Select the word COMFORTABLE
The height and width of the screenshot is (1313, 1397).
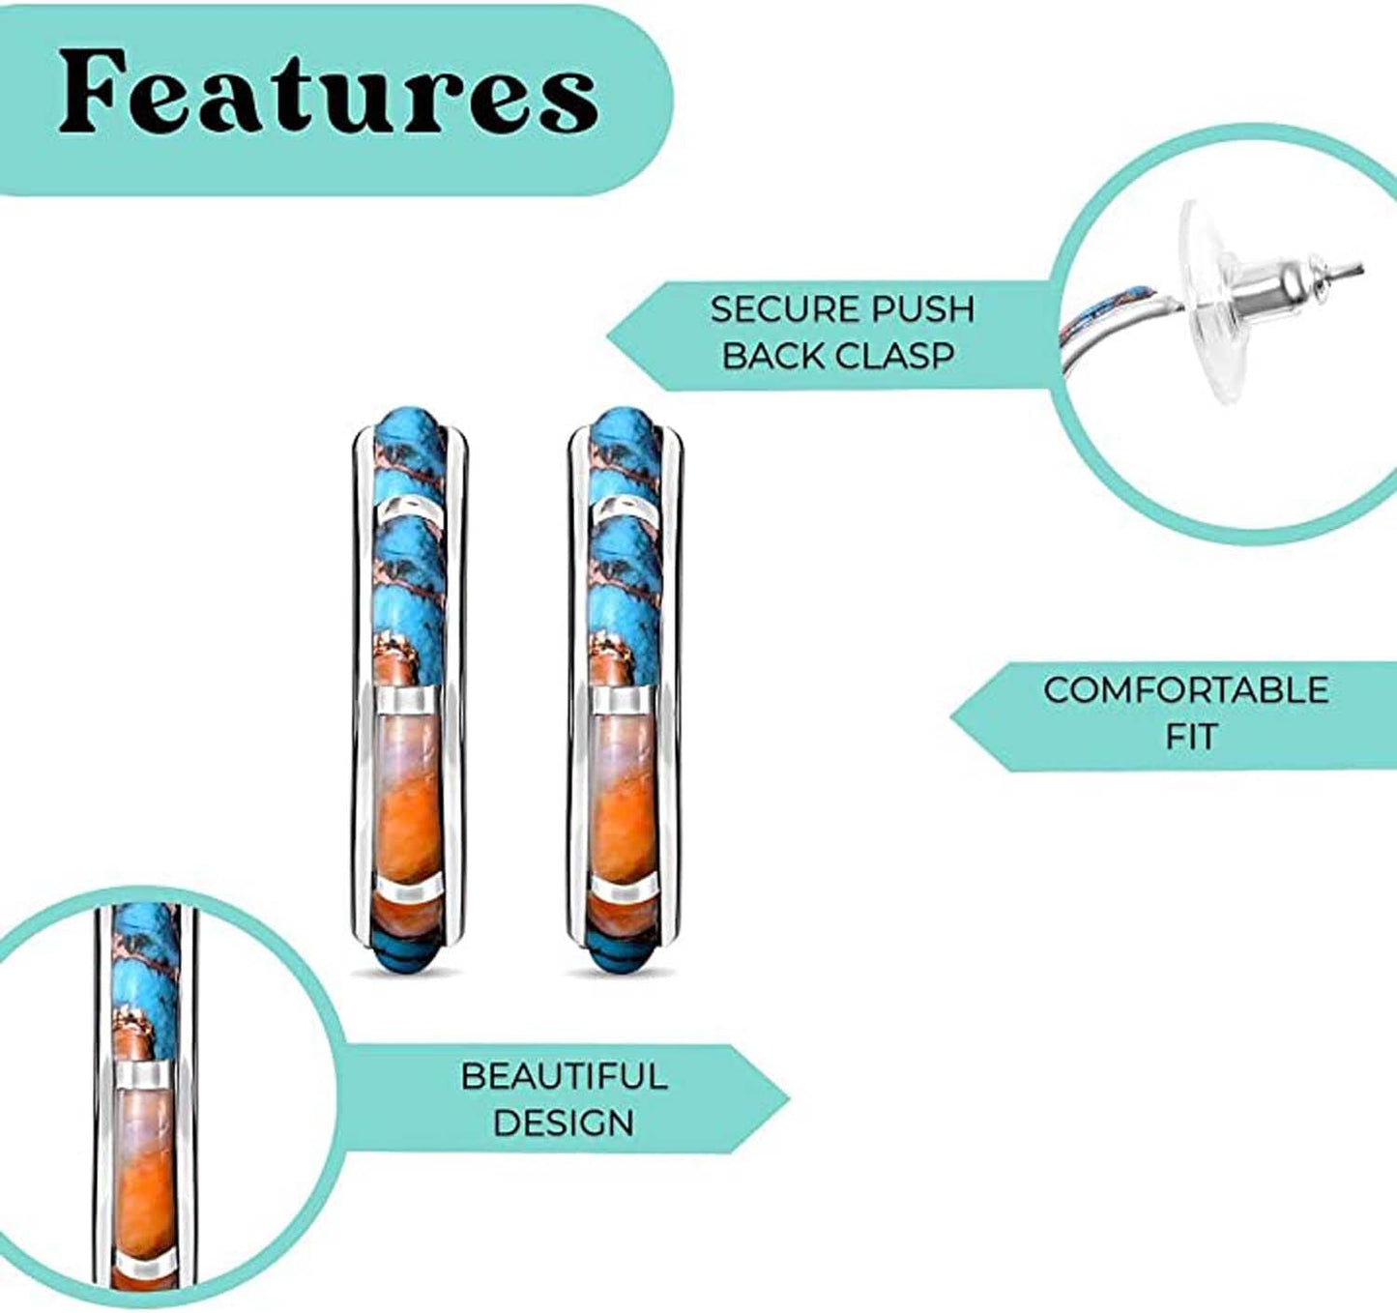(x=1186, y=689)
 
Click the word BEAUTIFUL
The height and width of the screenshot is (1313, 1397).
(x=565, y=1095)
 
